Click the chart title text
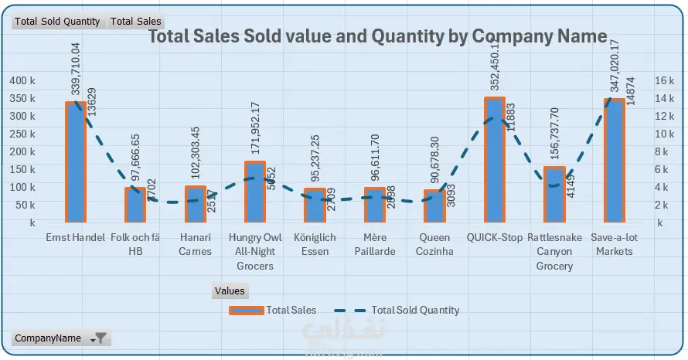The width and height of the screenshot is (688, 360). (x=377, y=36)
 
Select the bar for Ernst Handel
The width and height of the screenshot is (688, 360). (x=75, y=162)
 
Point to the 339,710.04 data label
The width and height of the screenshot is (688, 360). (x=75, y=70)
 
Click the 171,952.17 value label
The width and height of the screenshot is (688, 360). (x=256, y=129)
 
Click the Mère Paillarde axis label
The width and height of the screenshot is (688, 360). (x=375, y=244)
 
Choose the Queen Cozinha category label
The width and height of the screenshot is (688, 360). (x=435, y=244)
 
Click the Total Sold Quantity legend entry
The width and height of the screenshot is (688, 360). (x=398, y=310)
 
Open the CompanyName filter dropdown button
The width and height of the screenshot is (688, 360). (x=100, y=338)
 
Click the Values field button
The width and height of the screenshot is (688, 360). (x=230, y=291)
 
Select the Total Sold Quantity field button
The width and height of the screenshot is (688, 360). (x=59, y=22)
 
